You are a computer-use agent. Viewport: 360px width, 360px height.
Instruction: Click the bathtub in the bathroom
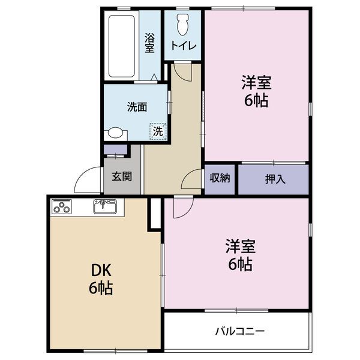[122, 45]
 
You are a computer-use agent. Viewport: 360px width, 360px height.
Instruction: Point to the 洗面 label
[137, 107]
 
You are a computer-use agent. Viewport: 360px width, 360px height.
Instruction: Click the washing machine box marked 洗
[157, 130]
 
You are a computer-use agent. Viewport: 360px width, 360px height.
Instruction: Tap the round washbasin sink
[115, 134]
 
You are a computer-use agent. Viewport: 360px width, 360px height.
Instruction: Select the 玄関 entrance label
[122, 177]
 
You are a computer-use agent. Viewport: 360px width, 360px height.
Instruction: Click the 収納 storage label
[220, 178]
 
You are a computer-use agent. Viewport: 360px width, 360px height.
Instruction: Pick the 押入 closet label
[275, 178]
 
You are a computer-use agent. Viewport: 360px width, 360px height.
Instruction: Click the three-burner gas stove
[62, 208]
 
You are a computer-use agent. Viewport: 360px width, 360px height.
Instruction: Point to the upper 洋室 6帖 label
[256, 91]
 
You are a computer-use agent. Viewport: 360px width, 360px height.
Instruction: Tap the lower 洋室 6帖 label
[239, 255]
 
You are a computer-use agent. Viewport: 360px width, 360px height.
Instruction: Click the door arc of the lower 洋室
[182, 207]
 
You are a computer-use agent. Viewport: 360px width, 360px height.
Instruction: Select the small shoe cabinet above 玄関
[116, 149]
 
